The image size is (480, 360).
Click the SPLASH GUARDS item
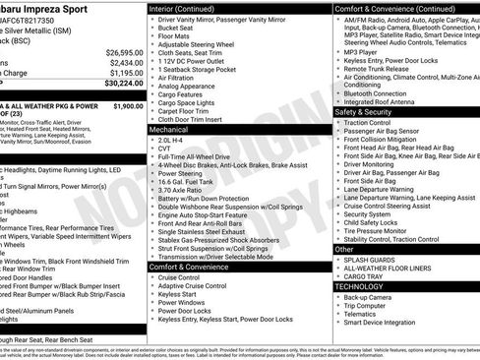tap(371, 260)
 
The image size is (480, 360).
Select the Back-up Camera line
tap(371, 295)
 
